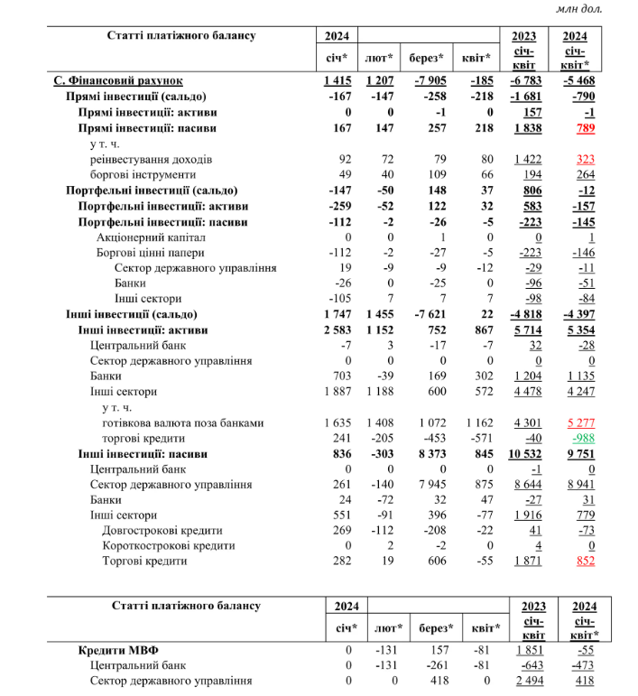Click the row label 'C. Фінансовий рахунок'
[x=118, y=81]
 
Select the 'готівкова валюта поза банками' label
[x=183, y=422]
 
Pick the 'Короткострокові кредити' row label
[x=169, y=545]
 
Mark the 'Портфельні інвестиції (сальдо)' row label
[x=152, y=190]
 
